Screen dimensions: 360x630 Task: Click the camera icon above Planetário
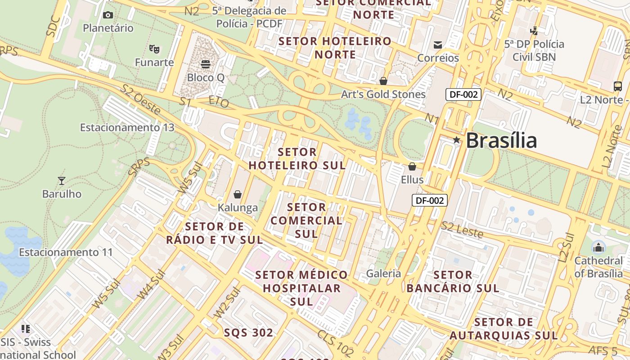pos(108,15)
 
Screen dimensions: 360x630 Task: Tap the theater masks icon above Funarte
pos(154,49)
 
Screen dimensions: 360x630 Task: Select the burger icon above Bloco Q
pos(206,64)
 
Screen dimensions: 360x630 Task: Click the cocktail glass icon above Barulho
pos(62,181)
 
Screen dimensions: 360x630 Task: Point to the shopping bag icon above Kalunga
pos(238,194)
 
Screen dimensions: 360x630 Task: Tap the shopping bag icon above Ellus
pos(412,166)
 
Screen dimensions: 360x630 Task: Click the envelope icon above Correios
pos(437,45)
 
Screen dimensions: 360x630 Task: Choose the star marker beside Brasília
pos(457,140)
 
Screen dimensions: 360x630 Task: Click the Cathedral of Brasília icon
pos(598,247)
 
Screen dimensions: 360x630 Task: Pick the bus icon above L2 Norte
pos(617,86)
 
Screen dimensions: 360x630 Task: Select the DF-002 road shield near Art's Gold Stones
pos(463,94)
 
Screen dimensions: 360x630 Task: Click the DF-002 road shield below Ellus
pos(430,200)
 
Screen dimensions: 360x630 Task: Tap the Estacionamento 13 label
pos(127,127)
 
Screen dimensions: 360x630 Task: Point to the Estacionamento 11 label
pos(66,252)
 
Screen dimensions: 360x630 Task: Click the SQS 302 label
pos(248,333)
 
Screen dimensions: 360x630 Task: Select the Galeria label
pos(383,273)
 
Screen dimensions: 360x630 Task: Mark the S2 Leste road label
pos(462,230)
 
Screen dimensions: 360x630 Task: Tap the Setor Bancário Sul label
pos(453,281)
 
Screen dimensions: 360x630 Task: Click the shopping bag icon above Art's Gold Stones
pos(383,81)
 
